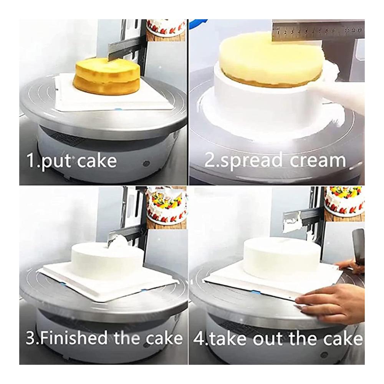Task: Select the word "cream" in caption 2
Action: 318,161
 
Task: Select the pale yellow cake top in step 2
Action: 270,59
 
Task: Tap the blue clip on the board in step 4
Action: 255,292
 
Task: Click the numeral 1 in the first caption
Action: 31,160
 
